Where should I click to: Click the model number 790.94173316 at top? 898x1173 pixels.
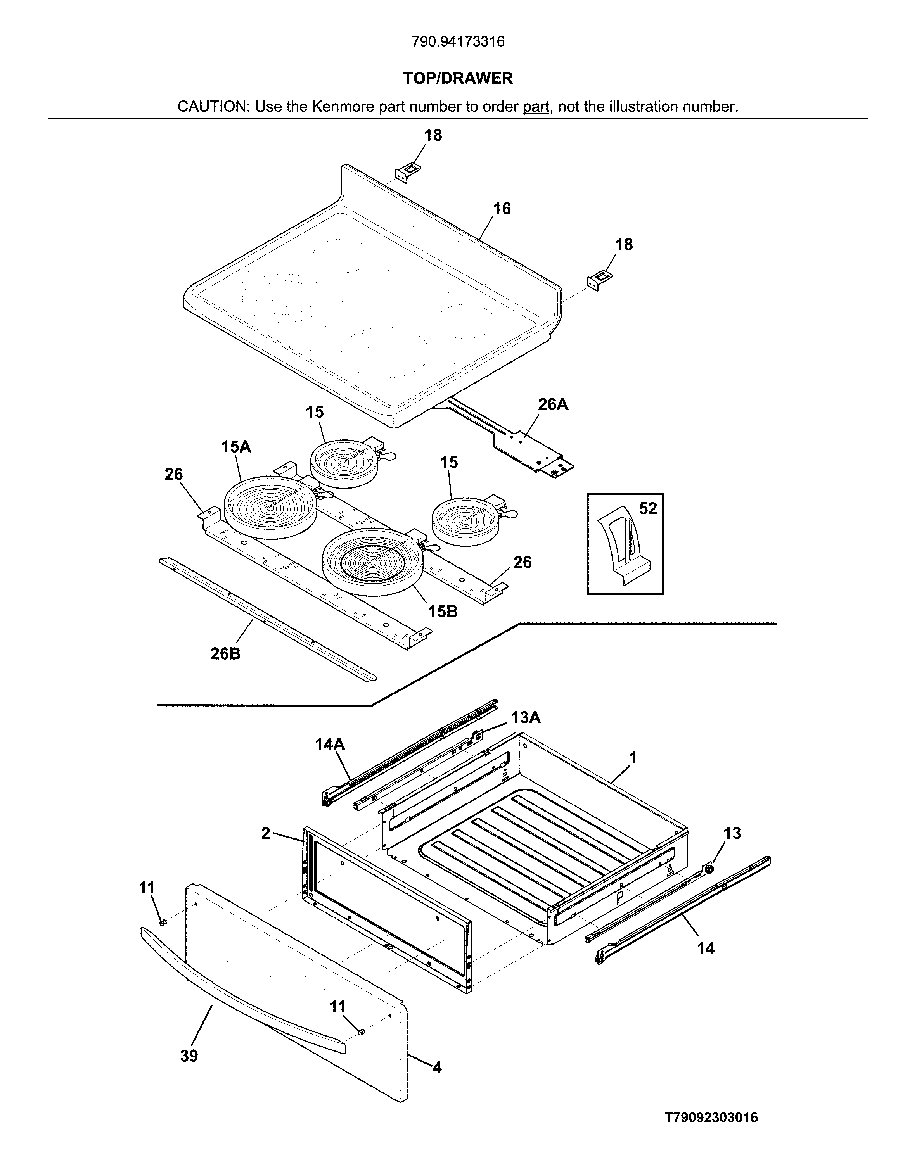pyautogui.click(x=458, y=41)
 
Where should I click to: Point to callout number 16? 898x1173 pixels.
pyautogui.click(x=502, y=209)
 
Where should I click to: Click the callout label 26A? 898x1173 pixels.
pyautogui.click(x=553, y=404)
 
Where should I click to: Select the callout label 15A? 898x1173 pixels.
pyautogui.click(x=236, y=447)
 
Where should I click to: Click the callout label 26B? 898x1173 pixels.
pyautogui.click(x=225, y=653)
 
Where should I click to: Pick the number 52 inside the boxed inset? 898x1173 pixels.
pyautogui.click(x=647, y=508)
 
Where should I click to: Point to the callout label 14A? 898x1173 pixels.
pyautogui.click(x=329, y=744)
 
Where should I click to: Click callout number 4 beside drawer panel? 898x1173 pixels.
pyautogui.click(x=437, y=1067)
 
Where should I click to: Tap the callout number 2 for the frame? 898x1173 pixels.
pyautogui.click(x=266, y=833)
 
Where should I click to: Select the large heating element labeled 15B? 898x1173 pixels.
pyautogui.click(x=372, y=561)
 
